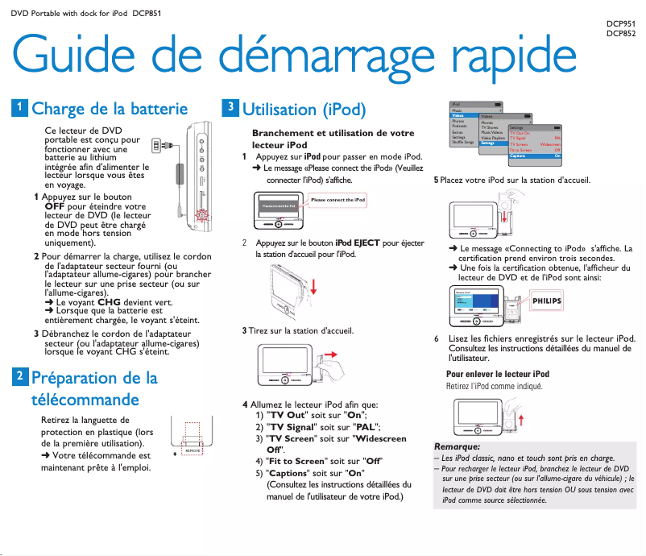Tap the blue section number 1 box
pyautogui.click(x=19, y=108)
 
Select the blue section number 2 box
pyautogui.click(x=19, y=376)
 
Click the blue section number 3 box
pyautogui.click(x=230, y=107)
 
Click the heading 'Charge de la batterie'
pyautogui.click(x=110, y=109)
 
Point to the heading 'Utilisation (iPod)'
pyautogui.click(x=304, y=109)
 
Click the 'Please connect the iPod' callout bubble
pyautogui.click(x=337, y=200)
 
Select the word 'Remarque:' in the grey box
pyautogui.click(x=457, y=446)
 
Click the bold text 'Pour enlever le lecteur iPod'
pyautogui.click(x=498, y=374)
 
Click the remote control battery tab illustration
pyautogui.click(x=190, y=442)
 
